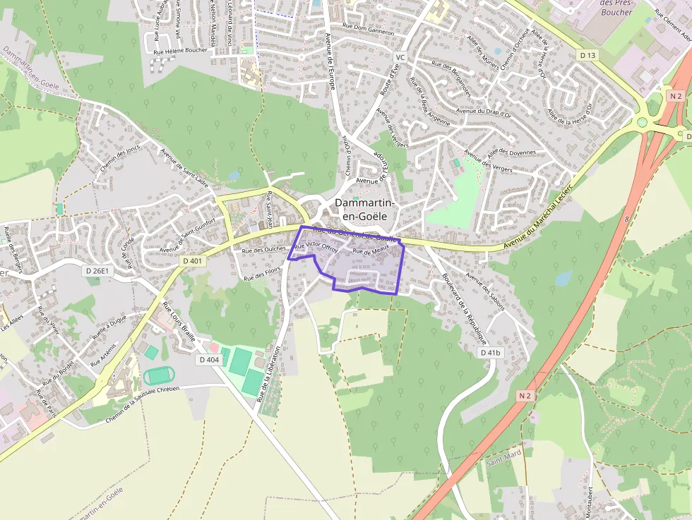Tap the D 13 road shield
[x=587, y=55]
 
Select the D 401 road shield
[x=192, y=261]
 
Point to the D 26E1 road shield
[x=98, y=271]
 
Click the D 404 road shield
[x=209, y=360]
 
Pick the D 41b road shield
[x=490, y=352]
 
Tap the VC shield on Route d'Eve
[x=400, y=56]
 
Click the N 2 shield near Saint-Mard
[x=524, y=396]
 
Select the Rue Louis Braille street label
[x=179, y=322]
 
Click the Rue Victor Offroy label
[x=316, y=247]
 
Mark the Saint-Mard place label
[x=504, y=462]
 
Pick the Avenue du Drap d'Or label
[x=487, y=111]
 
